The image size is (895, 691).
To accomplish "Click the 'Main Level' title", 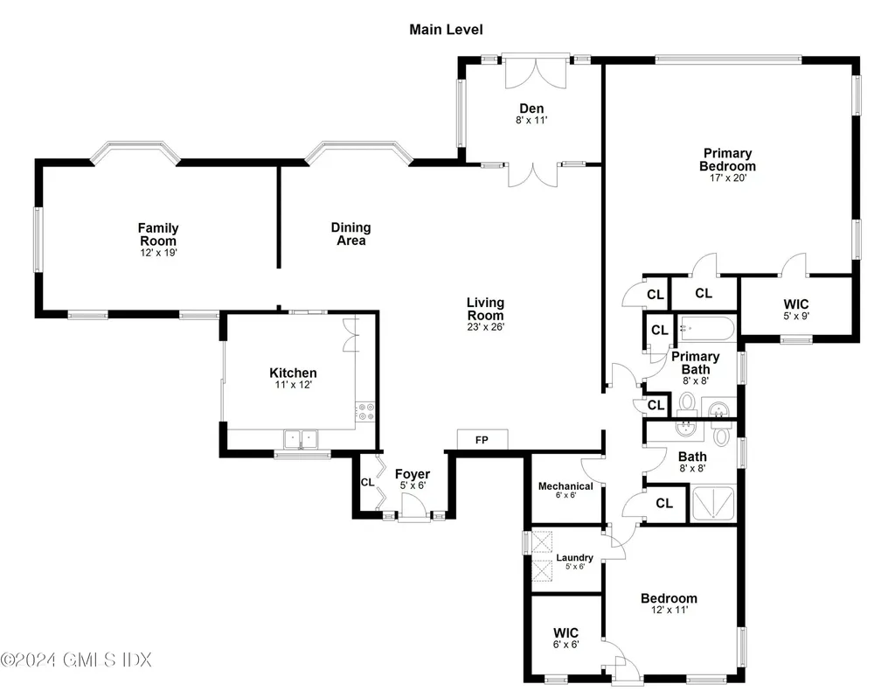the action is pos(446,29).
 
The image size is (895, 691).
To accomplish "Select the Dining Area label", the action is pos(351,234).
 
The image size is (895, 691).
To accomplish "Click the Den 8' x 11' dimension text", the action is pos(531,120).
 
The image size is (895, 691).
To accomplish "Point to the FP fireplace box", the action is pos(482,439).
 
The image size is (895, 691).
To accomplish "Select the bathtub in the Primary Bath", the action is pos(706,328).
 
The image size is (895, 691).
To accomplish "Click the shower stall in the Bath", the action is pos(713,503).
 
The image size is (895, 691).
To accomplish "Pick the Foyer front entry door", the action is pos(413,507).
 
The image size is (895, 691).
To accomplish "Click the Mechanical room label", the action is pos(565,486).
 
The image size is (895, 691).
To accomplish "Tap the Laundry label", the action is pos(575,557).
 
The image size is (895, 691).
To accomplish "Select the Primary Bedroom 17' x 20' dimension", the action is pos(728,178).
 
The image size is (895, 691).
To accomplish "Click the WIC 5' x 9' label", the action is pos(796,309).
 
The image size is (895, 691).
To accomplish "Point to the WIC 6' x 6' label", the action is pos(565,638).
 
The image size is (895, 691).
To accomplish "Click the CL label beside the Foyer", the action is pos(367,483).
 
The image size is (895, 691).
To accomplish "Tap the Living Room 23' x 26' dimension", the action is pos(485,327).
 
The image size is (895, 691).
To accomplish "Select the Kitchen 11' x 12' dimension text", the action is pos(294,385).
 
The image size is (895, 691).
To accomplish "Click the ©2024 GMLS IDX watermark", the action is pos(76,660).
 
